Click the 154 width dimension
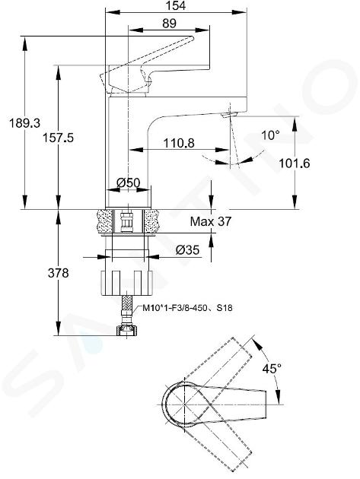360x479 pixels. point(177,5)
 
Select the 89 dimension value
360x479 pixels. point(169,24)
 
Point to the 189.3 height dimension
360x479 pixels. point(24,123)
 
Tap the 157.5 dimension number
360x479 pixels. point(58,138)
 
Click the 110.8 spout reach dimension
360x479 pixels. point(179,143)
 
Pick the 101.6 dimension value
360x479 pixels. point(294,163)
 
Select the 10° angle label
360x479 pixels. point(270,135)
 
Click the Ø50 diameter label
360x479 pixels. point(129,182)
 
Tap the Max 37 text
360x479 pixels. point(211,221)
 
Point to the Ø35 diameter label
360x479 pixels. point(187,250)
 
